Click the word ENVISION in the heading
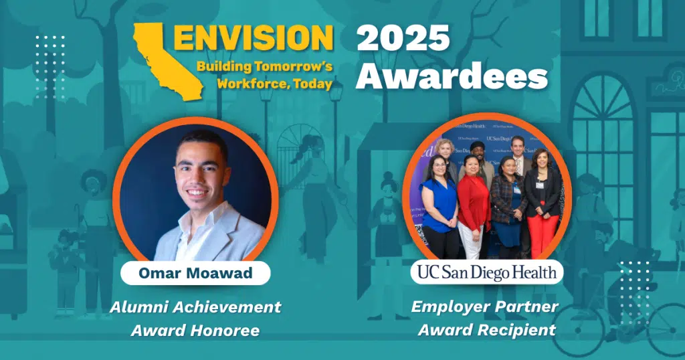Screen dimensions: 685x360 click(254, 38)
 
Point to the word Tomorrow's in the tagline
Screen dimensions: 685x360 click(293, 67)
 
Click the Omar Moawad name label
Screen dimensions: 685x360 click(195, 273)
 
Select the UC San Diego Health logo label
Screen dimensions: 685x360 click(487, 272)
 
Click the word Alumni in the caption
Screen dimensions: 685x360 click(140, 307)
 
